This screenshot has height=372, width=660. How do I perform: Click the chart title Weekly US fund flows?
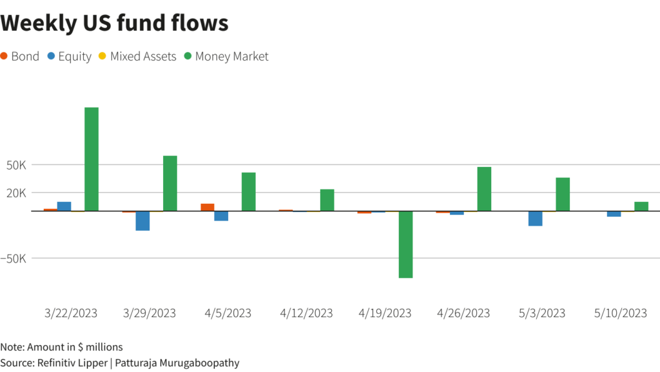pos(115,23)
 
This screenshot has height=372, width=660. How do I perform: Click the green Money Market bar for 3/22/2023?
pos(92,159)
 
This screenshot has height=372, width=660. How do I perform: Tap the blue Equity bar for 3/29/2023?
pos(142,220)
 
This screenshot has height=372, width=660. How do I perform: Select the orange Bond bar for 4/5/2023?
pos(208,207)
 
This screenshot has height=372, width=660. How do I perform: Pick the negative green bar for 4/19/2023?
pos(405,244)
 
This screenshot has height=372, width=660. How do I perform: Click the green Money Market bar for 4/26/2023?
pos(484,189)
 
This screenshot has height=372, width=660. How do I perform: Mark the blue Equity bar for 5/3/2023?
pos(535,219)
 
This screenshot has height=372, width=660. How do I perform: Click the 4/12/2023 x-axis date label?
pos(306,313)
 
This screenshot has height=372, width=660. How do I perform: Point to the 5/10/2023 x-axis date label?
pos(620,313)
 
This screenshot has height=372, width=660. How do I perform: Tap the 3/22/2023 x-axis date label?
pos(71,313)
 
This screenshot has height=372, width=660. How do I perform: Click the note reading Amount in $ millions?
pos(61,347)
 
